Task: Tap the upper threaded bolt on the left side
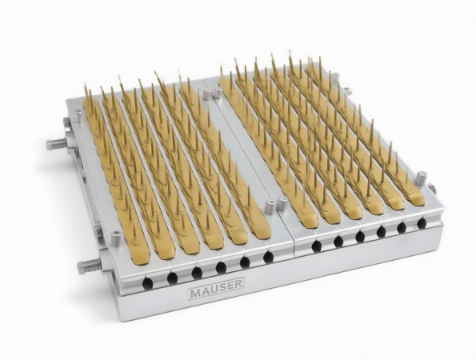point(57,143)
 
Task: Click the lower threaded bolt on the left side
point(90,266)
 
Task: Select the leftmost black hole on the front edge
point(147,283)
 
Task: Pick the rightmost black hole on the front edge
point(422,223)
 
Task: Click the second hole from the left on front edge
point(172,278)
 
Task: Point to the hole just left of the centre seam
point(268,258)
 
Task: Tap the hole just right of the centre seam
point(316,246)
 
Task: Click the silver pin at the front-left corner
point(117,238)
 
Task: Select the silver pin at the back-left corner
point(79,116)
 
